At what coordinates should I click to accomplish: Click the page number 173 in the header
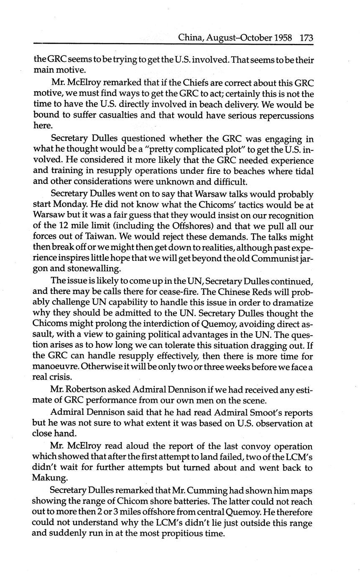click(306, 38)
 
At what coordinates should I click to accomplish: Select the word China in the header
click(191, 38)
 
